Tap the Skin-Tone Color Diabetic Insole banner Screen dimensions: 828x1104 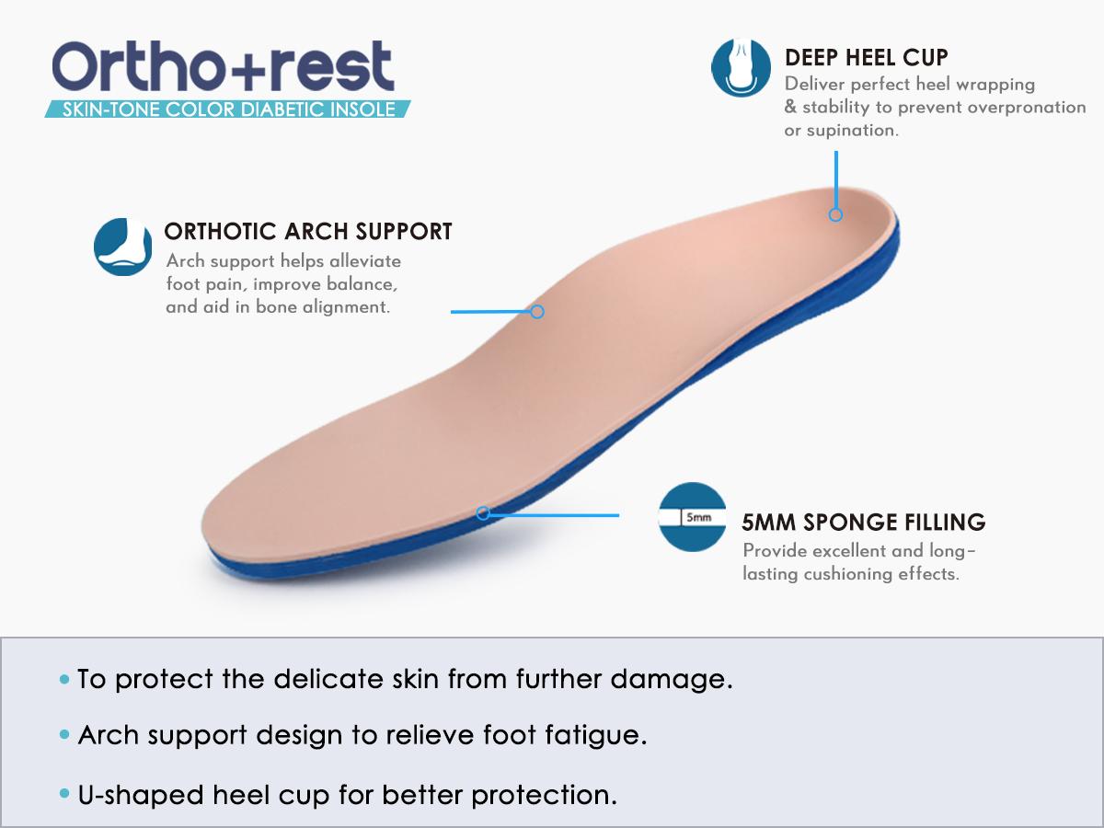(x=227, y=109)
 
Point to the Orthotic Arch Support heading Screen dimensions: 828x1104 (x=307, y=231)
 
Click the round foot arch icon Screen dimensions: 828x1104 (x=122, y=247)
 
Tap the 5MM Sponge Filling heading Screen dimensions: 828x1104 (x=863, y=523)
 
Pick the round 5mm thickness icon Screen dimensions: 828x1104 (x=693, y=517)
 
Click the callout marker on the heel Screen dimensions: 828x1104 (x=835, y=214)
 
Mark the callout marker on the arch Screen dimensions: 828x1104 (x=538, y=312)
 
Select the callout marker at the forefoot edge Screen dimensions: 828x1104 (x=483, y=513)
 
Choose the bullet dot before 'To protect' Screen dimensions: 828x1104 (x=63, y=681)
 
